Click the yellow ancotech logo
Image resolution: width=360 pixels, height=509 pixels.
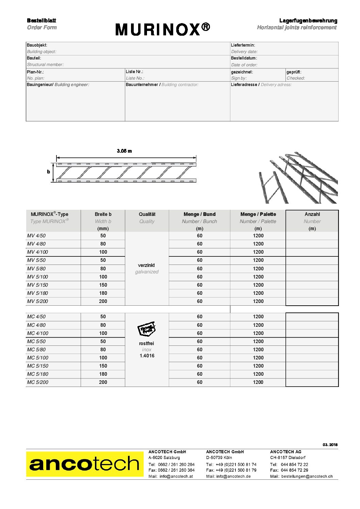tap(85, 464)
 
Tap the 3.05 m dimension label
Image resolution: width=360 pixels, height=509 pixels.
tap(124, 151)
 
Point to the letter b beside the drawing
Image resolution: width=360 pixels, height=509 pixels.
tap(49, 172)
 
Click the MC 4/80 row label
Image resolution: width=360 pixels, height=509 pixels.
tap(36, 325)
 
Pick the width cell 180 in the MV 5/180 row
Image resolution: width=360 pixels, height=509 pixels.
tap(103, 293)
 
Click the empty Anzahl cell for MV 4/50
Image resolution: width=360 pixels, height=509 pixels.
tap(312, 236)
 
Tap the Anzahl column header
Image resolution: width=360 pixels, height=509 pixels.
tap(312, 214)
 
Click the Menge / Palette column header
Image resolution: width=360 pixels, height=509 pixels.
tap(258, 214)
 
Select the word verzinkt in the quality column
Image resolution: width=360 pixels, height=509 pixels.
tap(147, 265)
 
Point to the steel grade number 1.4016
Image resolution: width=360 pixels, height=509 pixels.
tap(147, 356)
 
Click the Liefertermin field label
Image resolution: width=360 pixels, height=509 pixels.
tap(243, 45)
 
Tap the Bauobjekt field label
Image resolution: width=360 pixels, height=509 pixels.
tap(37, 45)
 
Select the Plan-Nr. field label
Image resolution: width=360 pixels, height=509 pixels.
tap(35, 72)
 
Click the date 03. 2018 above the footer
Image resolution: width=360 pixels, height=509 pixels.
tap(330, 445)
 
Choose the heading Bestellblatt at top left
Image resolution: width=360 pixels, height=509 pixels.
tap(42, 21)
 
